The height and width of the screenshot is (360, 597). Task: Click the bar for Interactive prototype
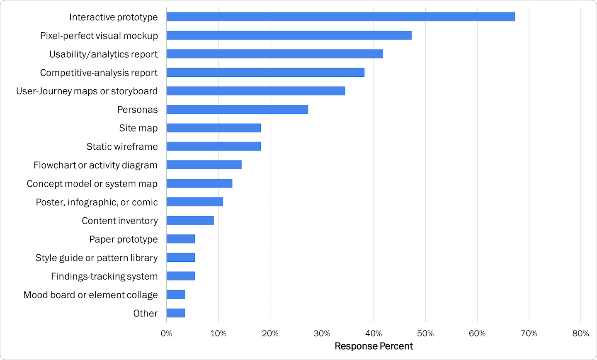(x=340, y=17)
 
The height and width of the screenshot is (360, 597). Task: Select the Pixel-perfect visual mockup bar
(x=289, y=36)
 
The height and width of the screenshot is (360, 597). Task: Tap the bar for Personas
(x=237, y=109)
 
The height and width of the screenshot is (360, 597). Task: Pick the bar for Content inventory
(x=190, y=221)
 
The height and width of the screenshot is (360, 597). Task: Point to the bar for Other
(x=176, y=313)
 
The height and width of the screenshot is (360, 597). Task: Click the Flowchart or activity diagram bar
(x=204, y=165)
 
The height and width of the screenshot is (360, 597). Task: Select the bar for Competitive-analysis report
(x=265, y=73)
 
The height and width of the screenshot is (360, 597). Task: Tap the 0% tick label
(x=166, y=333)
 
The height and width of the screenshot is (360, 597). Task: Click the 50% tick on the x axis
(x=425, y=333)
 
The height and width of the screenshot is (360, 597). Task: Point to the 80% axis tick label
(x=580, y=333)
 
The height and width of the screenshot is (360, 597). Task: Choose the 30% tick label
(x=322, y=333)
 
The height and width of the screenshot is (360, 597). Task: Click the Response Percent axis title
(x=374, y=346)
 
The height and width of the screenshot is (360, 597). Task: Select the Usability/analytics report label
(x=103, y=54)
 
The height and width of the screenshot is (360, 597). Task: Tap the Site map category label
(x=138, y=128)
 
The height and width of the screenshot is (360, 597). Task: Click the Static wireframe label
(x=122, y=147)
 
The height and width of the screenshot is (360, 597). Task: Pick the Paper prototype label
(x=123, y=239)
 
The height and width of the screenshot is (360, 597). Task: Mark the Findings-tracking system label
(x=104, y=276)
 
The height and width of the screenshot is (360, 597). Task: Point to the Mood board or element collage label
(x=90, y=295)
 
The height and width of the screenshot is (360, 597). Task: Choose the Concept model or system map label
(x=92, y=184)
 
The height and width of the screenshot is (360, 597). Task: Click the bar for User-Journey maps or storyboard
(x=256, y=91)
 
